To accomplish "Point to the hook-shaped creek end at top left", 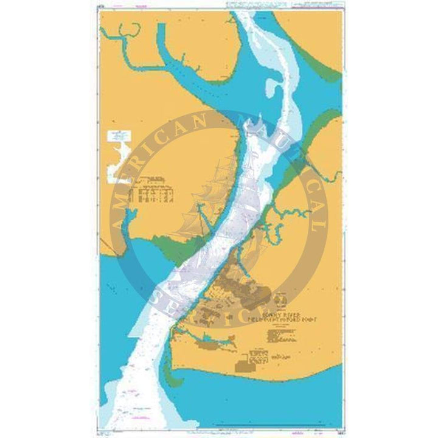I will (x=125, y=30).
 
